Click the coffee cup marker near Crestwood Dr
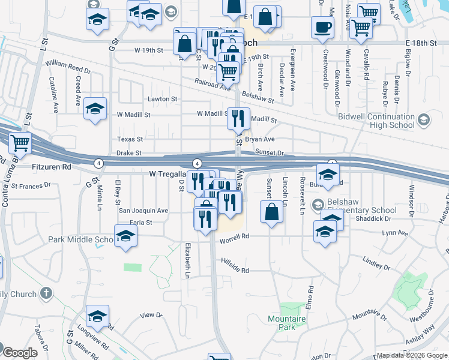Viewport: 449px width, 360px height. pyautogui.click(x=323, y=27)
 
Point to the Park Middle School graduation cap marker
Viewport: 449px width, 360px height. pyautogui.click(x=126, y=237)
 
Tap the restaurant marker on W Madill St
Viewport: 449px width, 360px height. pyautogui.click(x=238, y=119)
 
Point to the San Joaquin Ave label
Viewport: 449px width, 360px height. pyautogui.click(x=143, y=211)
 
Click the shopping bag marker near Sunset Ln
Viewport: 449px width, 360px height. pyautogui.click(x=271, y=212)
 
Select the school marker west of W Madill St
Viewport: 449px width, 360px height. pyautogui.click(x=95, y=109)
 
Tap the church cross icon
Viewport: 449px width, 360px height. pyautogui.click(x=46, y=293)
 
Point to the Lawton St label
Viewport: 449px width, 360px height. pyautogui.click(x=163, y=99)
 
